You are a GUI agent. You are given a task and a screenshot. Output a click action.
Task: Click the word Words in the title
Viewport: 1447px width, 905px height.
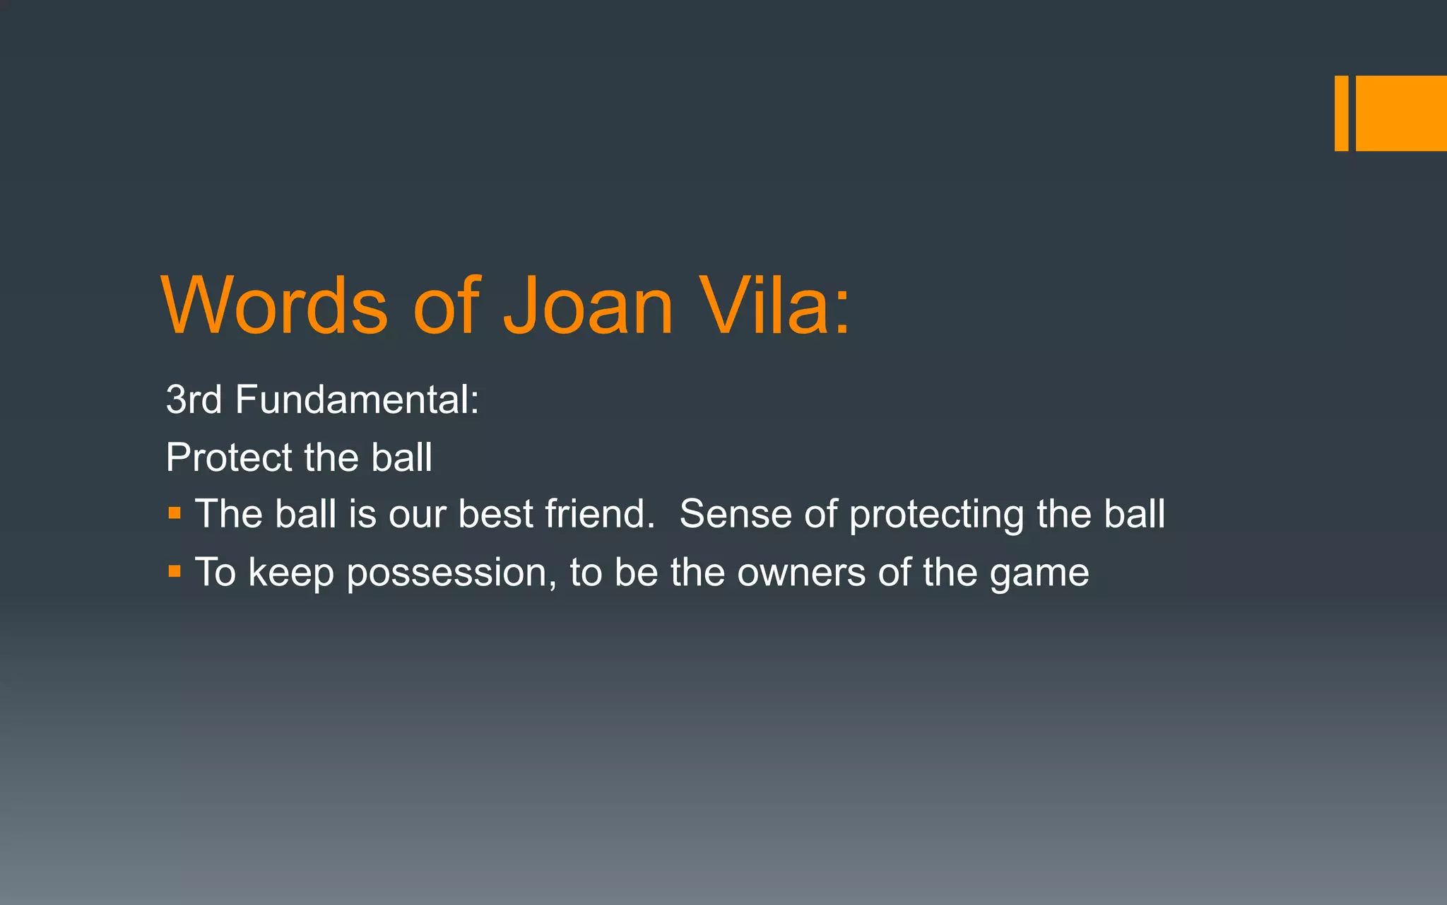pos(275,305)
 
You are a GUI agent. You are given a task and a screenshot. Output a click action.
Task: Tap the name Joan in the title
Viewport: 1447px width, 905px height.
pos(588,305)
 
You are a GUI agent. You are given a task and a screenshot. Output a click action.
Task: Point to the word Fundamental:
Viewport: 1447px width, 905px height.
pos(358,399)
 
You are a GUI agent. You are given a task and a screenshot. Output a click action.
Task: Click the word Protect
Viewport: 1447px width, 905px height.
pos(228,457)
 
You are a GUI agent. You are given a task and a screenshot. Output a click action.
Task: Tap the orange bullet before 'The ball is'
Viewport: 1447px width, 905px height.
pos(175,513)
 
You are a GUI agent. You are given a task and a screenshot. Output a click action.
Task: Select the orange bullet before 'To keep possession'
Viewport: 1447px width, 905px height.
pos(175,571)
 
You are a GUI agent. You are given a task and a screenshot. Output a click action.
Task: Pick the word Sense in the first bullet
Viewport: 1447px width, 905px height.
pos(736,514)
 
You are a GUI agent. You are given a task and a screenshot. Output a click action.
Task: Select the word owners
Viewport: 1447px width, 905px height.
pos(801,573)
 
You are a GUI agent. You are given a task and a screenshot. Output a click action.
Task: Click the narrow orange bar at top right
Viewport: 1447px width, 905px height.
pos(1341,113)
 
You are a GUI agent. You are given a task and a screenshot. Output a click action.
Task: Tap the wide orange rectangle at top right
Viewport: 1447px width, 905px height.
pos(1401,113)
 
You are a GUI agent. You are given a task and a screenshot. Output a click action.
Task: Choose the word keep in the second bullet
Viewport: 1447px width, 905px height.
pos(291,573)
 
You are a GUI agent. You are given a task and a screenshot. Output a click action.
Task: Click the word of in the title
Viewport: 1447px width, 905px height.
pos(447,305)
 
